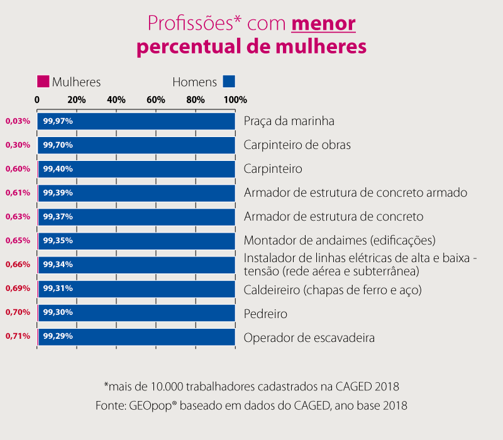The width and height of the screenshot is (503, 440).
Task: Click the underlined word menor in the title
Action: (x=324, y=24)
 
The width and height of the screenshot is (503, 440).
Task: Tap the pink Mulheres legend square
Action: (x=43, y=82)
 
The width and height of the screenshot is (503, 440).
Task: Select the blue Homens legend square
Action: (x=229, y=82)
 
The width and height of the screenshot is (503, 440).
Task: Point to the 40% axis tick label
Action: (x=116, y=100)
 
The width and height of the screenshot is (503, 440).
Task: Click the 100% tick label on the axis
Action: (x=235, y=100)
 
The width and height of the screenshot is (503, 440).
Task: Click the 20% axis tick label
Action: (x=77, y=100)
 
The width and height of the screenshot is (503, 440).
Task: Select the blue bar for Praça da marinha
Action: (x=136, y=121)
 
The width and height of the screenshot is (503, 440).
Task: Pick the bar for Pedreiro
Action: (x=136, y=312)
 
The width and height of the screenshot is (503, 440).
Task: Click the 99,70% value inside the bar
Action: (x=58, y=145)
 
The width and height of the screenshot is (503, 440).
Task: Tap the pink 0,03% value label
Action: (x=18, y=121)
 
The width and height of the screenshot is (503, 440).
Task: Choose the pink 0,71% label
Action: (x=18, y=336)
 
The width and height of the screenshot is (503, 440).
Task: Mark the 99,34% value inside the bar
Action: (x=58, y=265)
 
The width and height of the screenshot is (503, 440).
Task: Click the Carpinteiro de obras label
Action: (x=297, y=145)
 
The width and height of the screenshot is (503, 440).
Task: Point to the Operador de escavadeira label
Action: (x=309, y=338)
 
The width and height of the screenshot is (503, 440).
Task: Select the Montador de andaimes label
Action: (x=340, y=241)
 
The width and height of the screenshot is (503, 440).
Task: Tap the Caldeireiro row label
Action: (x=332, y=290)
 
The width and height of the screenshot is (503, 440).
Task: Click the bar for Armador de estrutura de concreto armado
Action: (x=136, y=192)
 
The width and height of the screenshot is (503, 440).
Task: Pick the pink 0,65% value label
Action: (x=18, y=241)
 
